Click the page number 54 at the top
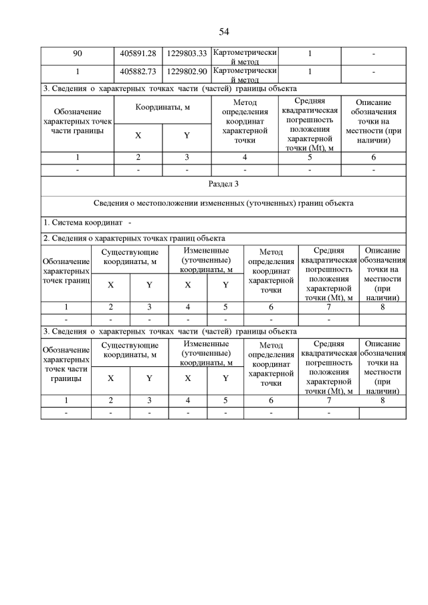[224, 31]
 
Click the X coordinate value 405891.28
[138, 53]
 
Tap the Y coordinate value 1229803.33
[187, 53]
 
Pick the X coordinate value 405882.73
[138, 71]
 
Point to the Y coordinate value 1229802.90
[187, 71]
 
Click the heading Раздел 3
[223, 183]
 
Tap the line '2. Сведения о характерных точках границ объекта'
[134, 238]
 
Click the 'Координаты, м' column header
[163, 107]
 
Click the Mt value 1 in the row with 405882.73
[310, 71]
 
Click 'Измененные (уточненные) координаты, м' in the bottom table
[207, 352]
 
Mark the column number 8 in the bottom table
[383, 400]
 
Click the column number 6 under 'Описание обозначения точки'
[373, 157]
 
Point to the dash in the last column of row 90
[373, 53]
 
